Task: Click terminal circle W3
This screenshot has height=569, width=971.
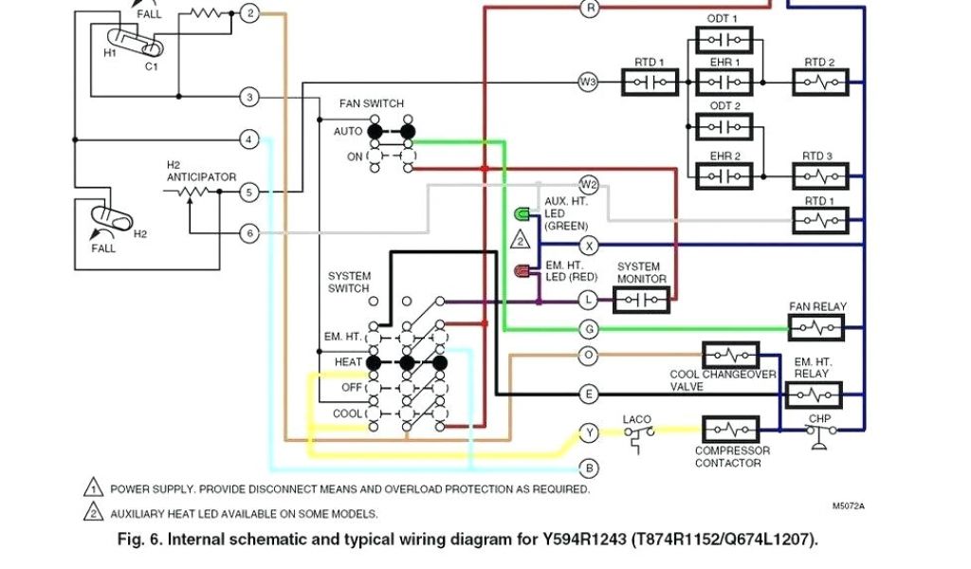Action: (x=589, y=83)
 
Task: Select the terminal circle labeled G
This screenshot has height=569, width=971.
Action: (x=589, y=328)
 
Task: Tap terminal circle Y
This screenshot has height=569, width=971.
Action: (x=589, y=433)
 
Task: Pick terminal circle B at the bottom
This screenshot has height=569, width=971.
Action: (x=589, y=468)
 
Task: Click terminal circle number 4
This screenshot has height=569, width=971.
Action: (x=248, y=139)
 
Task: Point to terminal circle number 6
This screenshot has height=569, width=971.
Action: (x=248, y=232)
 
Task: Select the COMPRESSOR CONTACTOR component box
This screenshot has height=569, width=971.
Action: (x=730, y=430)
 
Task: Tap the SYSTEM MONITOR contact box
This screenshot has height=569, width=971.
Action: (x=641, y=301)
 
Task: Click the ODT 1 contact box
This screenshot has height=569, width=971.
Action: (x=724, y=40)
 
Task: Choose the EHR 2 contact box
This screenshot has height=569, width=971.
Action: (x=724, y=176)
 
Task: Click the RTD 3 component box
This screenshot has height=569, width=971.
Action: (x=820, y=176)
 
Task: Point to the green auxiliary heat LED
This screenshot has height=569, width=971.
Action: (x=522, y=212)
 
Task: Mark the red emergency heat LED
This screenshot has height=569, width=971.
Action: (x=522, y=272)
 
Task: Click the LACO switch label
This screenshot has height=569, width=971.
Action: (x=636, y=419)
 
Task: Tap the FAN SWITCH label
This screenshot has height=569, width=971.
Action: (x=371, y=103)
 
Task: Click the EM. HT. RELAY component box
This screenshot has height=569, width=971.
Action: (x=814, y=395)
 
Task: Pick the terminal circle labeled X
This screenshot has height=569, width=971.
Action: (x=589, y=245)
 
